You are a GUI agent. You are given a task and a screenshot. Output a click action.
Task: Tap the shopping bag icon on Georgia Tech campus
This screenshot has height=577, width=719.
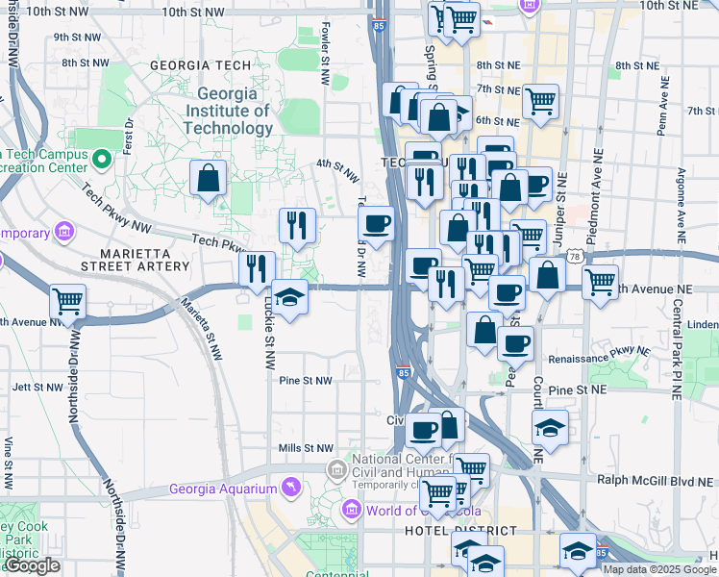pos(209,178)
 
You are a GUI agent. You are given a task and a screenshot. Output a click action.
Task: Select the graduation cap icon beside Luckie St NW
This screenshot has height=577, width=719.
pos(289,296)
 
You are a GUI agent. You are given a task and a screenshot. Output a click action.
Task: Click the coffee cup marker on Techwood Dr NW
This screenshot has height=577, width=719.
pos(375,223)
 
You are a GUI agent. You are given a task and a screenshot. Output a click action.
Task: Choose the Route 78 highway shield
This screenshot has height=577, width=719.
pos(574,257)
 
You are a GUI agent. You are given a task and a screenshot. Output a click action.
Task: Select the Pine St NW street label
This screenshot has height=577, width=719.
pos(305,381)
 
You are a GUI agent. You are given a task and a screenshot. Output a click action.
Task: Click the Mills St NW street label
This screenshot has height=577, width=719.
pos(305,448)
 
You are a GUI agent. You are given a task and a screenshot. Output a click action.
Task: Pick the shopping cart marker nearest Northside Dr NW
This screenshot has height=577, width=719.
pos(67,301)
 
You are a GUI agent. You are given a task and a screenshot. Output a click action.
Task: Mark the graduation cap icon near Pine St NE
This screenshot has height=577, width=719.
pos(550,428)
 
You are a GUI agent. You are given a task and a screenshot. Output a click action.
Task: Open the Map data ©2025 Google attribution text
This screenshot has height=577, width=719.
pos(659,569)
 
